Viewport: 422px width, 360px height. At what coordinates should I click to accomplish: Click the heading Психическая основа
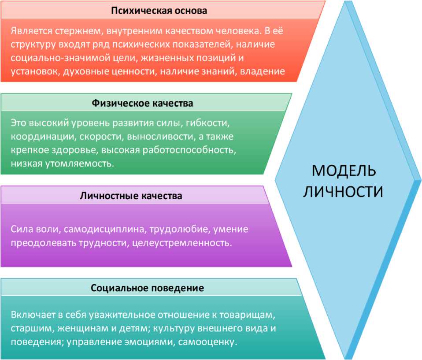click(159, 10)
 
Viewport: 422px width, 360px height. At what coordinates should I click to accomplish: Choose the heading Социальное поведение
click(147, 289)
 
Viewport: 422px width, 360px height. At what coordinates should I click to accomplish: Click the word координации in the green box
click(38, 136)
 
